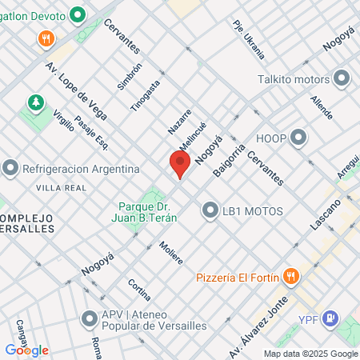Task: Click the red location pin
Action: pyautogui.click(x=180, y=164)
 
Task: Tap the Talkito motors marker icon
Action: pyautogui.click(x=342, y=78)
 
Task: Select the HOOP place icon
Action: pyautogui.click(x=298, y=137)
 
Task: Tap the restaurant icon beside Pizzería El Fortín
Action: pyautogui.click(x=291, y=278)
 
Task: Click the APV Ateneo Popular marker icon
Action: pyautogui.click(x=90, y=319)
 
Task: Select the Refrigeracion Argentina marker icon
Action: pyautogui.click(x=10, y=169)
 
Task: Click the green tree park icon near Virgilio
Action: pyautogui.click(x=35, y=102)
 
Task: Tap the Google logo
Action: pyautogui.click(x=26, y=350)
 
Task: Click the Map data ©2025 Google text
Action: pyautogui.click(x=311, y=354)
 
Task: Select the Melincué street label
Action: pyautogui.click(x=193, y=138)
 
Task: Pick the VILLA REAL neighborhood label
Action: pyautogui.click(x=60, y=186)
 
